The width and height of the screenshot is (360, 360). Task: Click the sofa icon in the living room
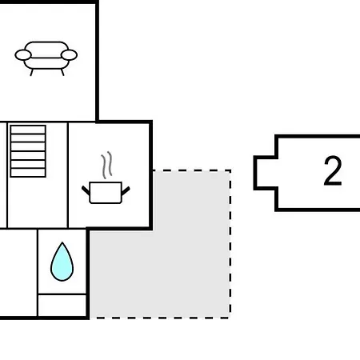(x=46, y=58)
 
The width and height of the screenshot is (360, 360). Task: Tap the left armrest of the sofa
(x=23, y=55)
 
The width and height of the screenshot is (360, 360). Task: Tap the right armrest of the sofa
(x=69, y=55)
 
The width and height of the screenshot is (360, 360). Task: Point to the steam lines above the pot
(x=106, y=165)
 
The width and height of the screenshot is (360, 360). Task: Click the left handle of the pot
(x=86, y=190)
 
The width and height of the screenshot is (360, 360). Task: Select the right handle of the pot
(x=126, y=190)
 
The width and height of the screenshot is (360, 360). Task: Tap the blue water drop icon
(x=62, y=262)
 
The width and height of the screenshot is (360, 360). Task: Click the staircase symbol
(x=28, y=151)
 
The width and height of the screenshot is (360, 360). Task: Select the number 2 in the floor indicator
(x=333, y=171)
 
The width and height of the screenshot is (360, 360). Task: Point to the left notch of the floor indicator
(x=266, y=173)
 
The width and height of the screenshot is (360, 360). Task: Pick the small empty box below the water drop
(x=62, y=305)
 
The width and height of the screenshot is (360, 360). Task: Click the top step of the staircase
(x=28, y=130)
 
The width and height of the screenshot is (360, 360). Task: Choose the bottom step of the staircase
(x=28, y=173)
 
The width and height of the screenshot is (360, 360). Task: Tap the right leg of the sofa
(x=62, y=72)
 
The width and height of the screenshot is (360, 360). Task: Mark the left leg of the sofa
(x=32, y=72)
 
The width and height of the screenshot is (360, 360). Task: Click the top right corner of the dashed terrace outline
(x=230, y=170)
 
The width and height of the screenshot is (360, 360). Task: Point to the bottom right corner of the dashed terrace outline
(x=230, y=318)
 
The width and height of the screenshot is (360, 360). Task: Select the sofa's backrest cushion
(x=46, y=50)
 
